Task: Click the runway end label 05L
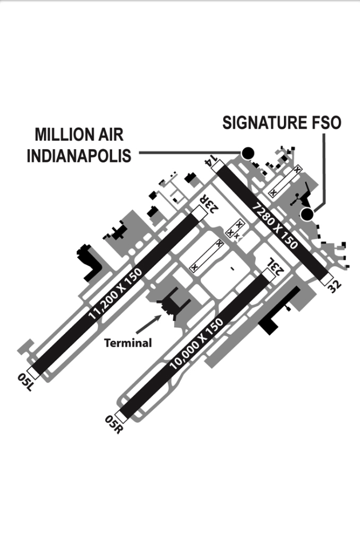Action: [25, 382]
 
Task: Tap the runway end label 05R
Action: [114, 424]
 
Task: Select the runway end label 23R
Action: [209, 204]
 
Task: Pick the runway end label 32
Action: [335, 287]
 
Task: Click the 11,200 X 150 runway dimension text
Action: [116, 294]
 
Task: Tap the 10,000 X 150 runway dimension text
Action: [196, 344]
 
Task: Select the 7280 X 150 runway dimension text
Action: [275, 225]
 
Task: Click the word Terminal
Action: [128, 343]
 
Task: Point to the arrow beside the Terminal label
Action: [149, 324]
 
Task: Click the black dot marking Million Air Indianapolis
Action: [248, 153]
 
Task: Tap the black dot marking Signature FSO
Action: [307, 214]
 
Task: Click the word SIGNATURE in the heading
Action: [263, 123]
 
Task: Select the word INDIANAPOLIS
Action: [79, 156]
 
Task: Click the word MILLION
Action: [60, 134]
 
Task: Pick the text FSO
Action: [324, 123]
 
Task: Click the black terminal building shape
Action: [173, 303]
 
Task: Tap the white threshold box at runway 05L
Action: [34, 371]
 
